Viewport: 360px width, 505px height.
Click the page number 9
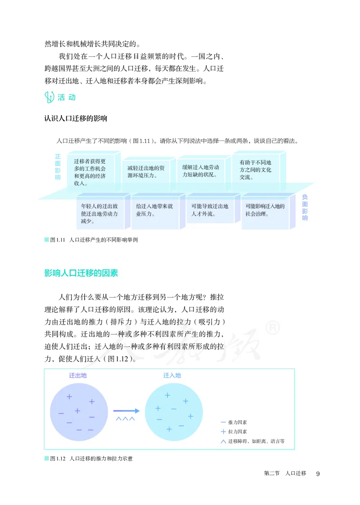tap(318, 473)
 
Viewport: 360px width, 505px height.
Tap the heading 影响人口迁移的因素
tap(81, 273)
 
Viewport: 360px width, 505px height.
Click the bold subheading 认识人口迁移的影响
tap(76, 119)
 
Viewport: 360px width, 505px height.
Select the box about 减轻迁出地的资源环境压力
tap(146, 171)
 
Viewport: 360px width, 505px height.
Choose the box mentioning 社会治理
tap(265, 210)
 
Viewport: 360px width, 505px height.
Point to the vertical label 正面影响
tap(58, 167)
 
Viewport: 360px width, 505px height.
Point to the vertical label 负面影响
tap(305, 207)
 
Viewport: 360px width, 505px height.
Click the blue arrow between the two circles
tap(126, 410)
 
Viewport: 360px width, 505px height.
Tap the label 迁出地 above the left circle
tap(77, 375)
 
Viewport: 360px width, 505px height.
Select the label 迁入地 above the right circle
tap(172, 375)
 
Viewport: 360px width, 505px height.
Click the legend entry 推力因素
tap(234, 422)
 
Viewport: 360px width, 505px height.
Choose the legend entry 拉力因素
tap(234, 432)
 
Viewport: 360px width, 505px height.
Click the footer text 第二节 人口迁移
tap(285, 473)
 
